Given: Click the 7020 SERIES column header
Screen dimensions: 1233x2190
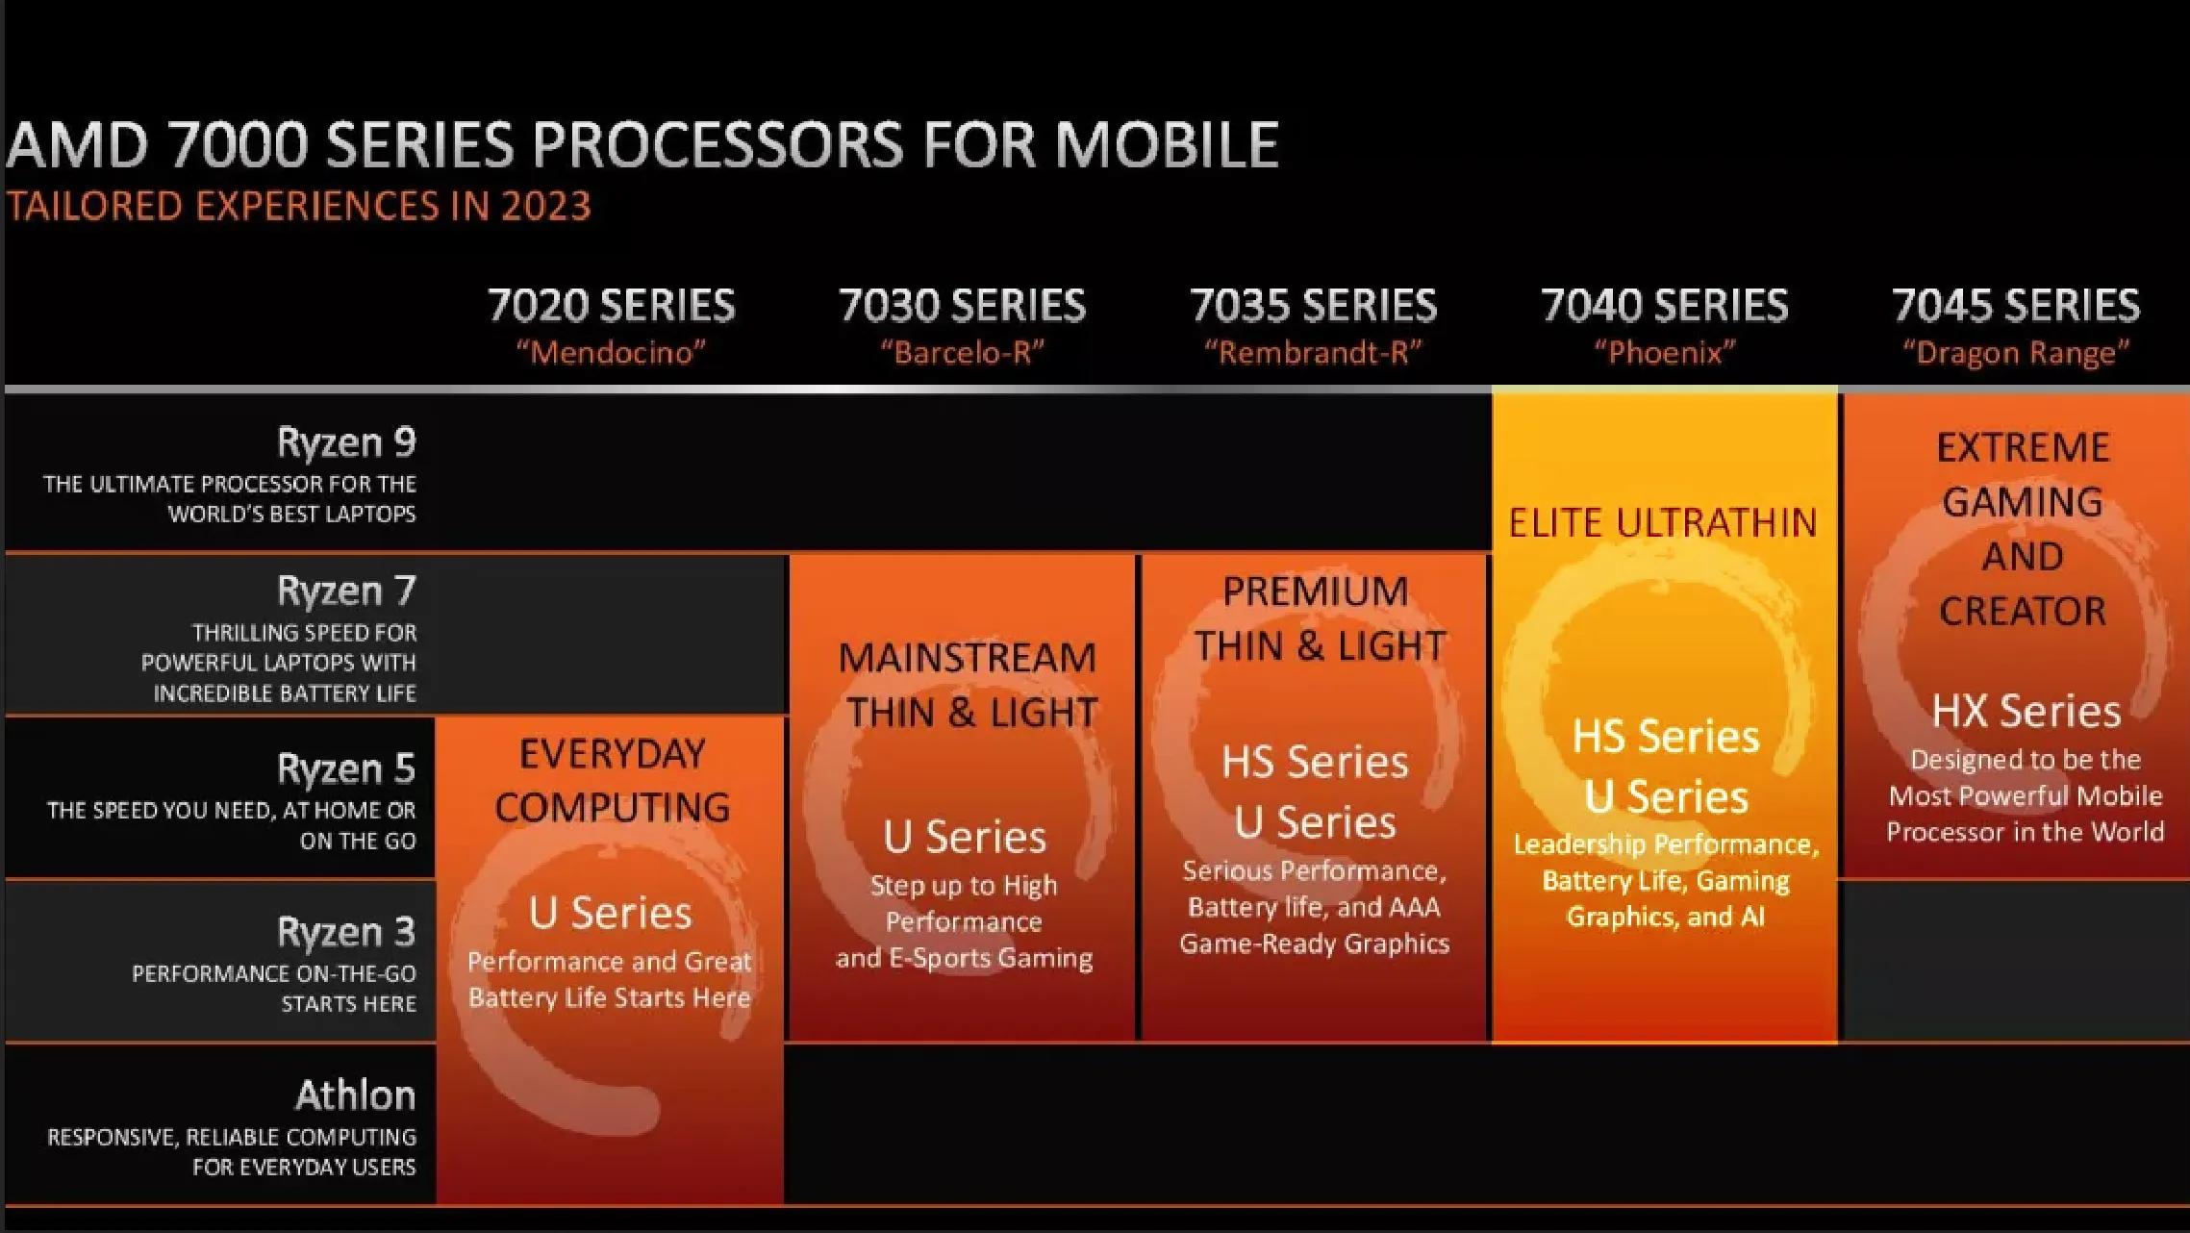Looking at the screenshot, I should coord(611,306).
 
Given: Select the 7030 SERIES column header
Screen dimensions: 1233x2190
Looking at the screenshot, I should coord(962,306).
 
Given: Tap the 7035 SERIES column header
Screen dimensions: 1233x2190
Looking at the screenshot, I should coord(1313,306).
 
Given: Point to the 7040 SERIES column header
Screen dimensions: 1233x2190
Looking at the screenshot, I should coord(1664,306).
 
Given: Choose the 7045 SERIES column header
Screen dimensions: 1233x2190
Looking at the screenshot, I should coord(2016,306).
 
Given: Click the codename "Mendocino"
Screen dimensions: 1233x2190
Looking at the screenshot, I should coord(611,353).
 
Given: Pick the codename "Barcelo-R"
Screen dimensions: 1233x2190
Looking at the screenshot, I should coord(962,353).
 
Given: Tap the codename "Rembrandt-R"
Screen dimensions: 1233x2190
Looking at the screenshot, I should coord(1313,353).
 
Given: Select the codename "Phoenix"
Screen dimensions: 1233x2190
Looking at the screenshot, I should coord(1664,353).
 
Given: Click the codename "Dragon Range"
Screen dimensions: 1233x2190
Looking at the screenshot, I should coord(2016,353).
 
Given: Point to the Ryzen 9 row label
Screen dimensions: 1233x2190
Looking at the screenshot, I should coord(346,442).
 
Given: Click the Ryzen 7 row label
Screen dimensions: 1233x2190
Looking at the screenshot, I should coord(346,591).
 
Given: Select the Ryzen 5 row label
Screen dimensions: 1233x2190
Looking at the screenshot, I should coord(346,768).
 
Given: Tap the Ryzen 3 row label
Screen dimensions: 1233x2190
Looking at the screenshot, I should coord(346,932).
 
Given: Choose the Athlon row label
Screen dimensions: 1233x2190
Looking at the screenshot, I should coord(355,1095).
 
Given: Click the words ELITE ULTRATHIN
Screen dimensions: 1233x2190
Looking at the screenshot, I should coord(1663,523).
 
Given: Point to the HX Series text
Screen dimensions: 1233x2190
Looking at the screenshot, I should coord(2026,712).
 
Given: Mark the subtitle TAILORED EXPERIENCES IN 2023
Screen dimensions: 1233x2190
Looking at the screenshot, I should coord(298,207).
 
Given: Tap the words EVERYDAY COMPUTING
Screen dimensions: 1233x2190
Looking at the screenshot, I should coord(612,780).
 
